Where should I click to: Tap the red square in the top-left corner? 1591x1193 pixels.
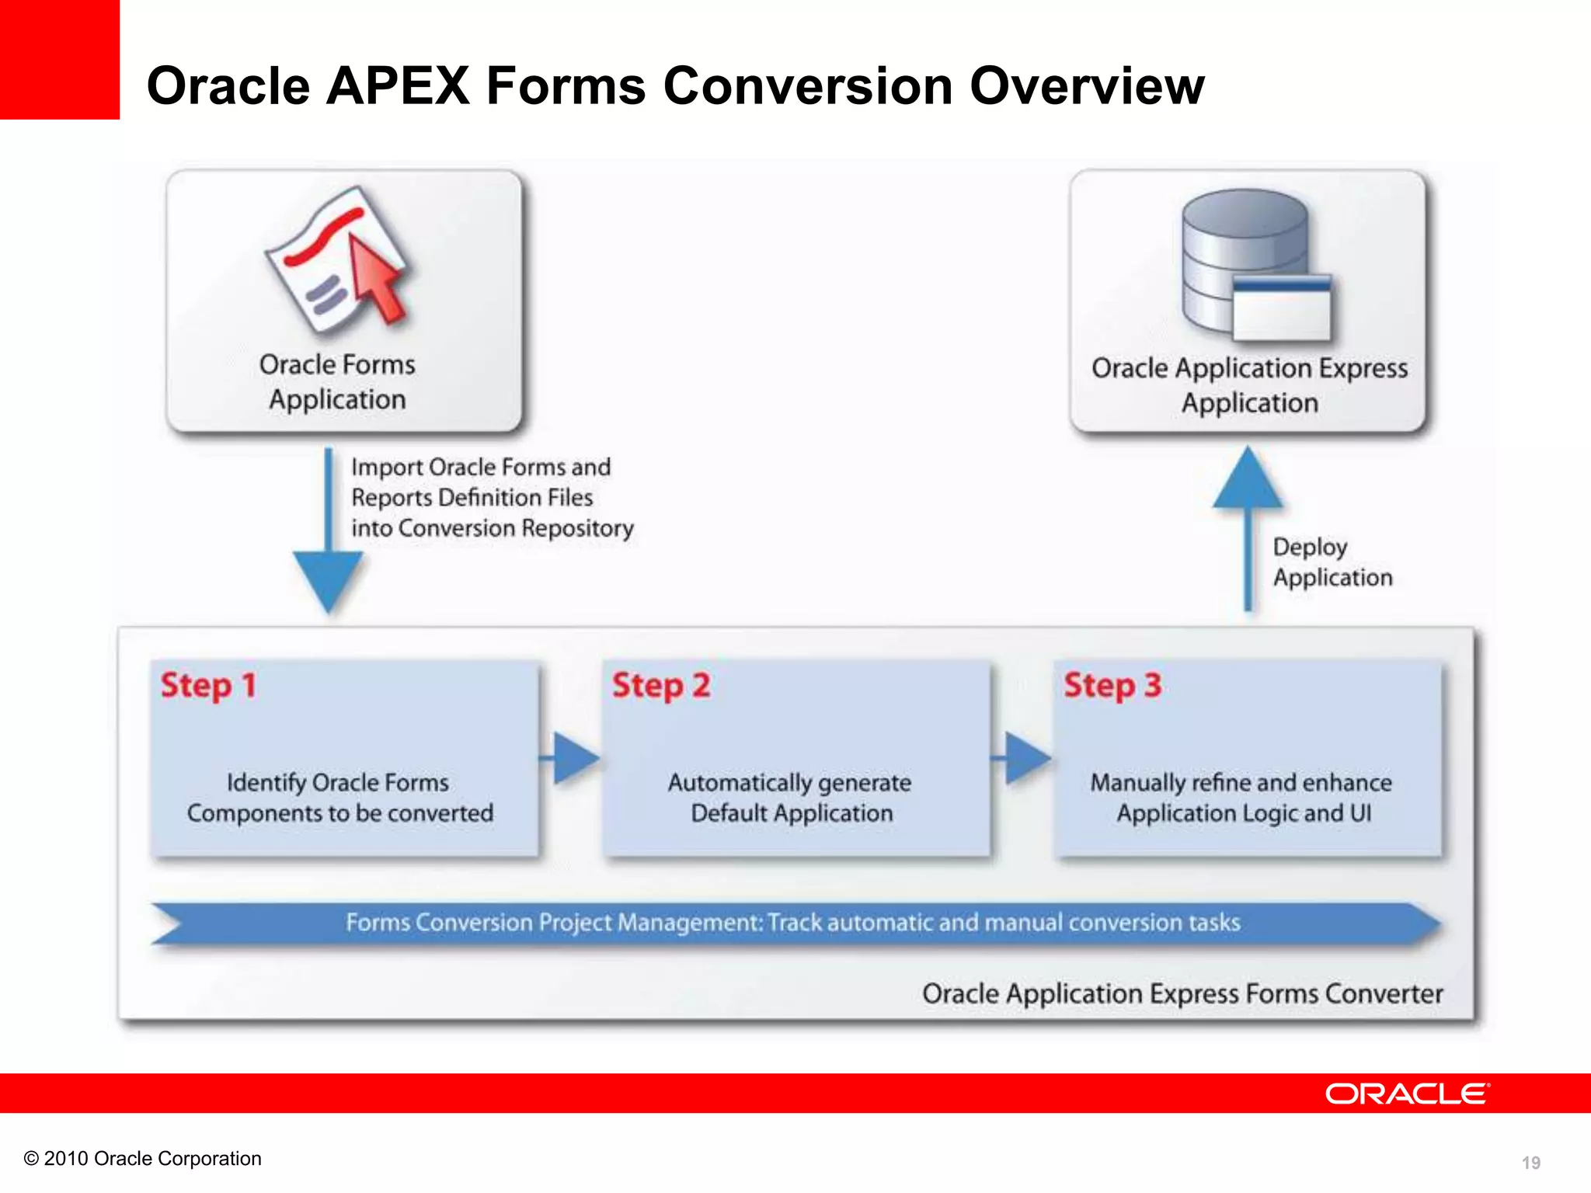pyautogui.click(x=59, y=59)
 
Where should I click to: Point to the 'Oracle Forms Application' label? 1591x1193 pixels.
pyautogui.click(x=337, y=381)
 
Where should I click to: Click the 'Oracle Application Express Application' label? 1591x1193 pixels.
pyautogui.click(x=1249, y=385)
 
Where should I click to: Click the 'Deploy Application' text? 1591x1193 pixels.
pyautogui.click(x=1332, y=562)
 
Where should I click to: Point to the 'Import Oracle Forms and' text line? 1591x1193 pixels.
pyautogui.click(x=481, y=467)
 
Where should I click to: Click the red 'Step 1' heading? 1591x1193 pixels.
pyautogui.click(x=208, y=686)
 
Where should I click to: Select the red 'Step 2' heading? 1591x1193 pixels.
pyautogui.click(x=661, y=686)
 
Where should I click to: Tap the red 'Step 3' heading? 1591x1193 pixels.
pyautogui.click(x=1112, y=686)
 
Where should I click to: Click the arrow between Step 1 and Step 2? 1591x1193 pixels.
pyautogui.click(x=573, y=757)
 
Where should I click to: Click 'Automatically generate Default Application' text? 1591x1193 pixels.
pyautogui.click(x=790, y=798)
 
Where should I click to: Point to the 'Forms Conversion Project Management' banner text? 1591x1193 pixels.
pyautogui.click(x=792, y=923)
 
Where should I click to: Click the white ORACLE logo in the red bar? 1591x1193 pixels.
pyautogui.click(x=1407, y=1094)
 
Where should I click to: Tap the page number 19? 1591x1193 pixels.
pyautogui.click(x=1530, y=1163)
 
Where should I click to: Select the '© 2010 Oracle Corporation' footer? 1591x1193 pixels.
pyautogui.click(x=143, y=1159)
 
